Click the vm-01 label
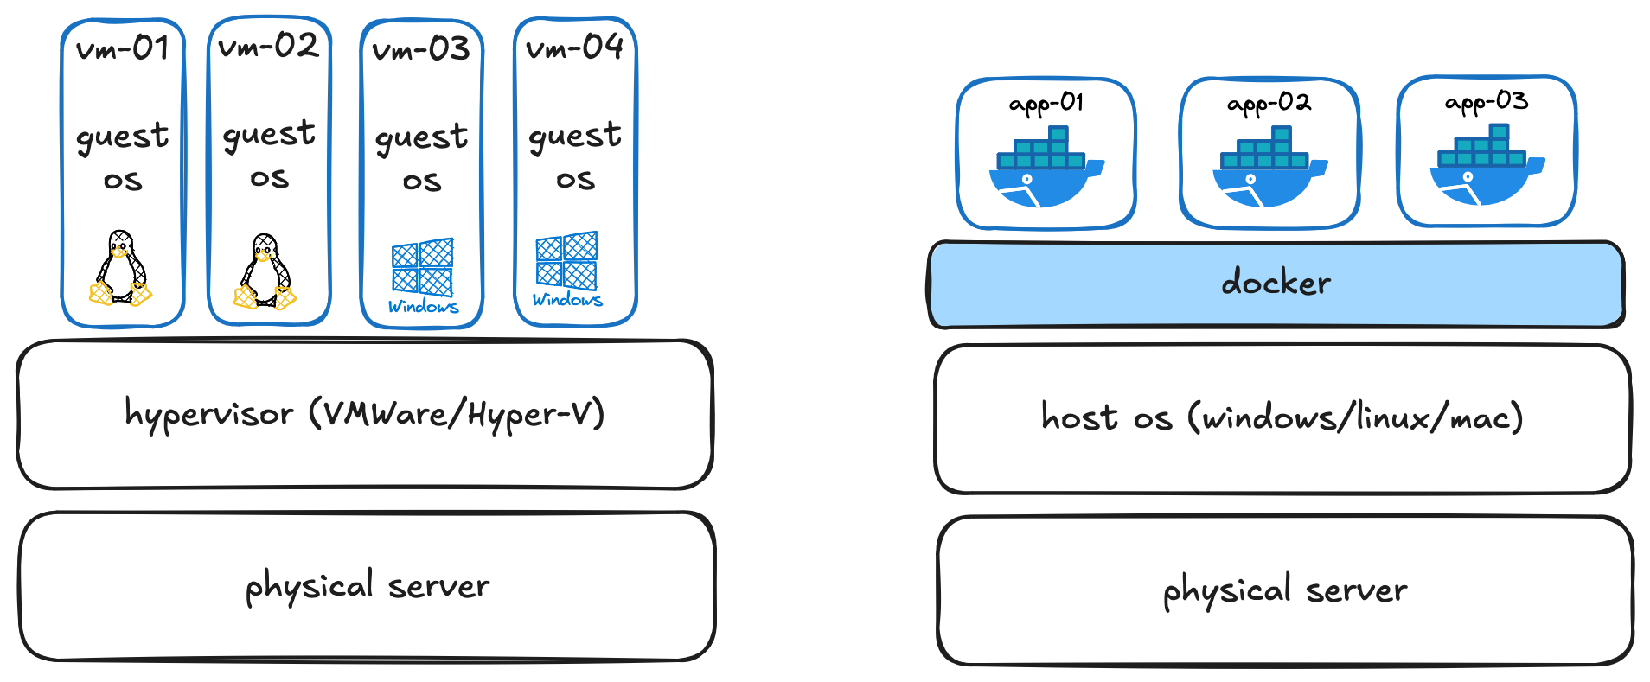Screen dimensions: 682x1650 click(122, 48)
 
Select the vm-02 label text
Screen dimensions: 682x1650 click(268, 46)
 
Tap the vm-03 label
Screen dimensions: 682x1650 click(421, 49)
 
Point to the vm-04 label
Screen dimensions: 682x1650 click(574, 48)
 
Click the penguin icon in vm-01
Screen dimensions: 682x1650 click(120, 269)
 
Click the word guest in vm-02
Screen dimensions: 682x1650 click(269, 135)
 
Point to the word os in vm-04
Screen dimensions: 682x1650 click(575, 180)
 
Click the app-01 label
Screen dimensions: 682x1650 click(1046, 104)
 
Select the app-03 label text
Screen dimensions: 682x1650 click(1486, 102)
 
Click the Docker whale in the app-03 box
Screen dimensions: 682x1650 click(1486, 166)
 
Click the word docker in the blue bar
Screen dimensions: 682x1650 click(1276, 283)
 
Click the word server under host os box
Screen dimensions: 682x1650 click(1356, 591)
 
